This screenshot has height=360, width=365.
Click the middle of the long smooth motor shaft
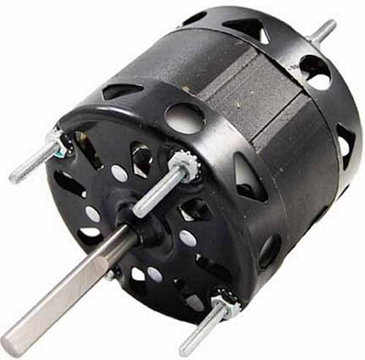point(69,291)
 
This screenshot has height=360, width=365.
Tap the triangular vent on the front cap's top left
point(121,91)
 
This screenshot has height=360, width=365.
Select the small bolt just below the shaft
point(111,274)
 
